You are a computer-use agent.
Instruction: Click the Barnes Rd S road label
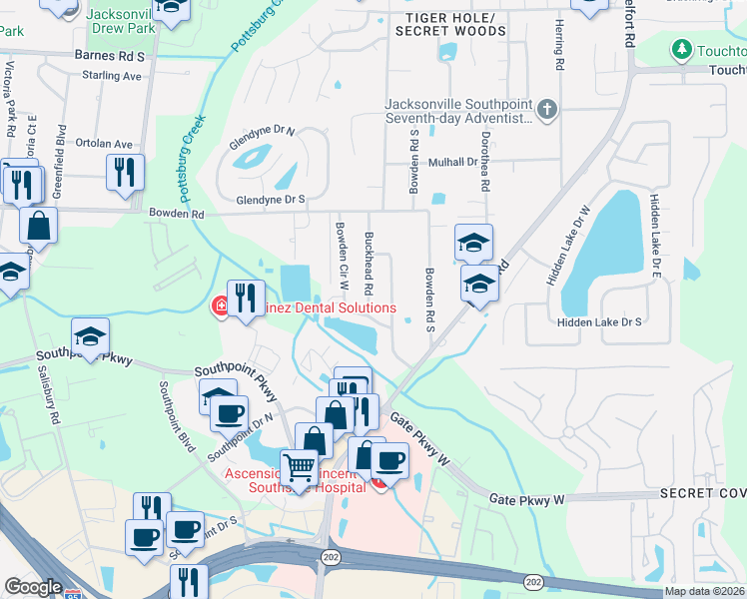(109, 57)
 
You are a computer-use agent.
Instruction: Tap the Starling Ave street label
(113, 76)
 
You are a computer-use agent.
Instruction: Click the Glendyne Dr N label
(262, 139)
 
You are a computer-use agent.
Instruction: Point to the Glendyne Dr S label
(270, 201)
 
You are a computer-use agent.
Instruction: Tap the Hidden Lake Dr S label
(598, 322)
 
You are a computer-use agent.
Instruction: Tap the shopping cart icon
(299, 466)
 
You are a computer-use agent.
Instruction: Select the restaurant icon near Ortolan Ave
(126, 171)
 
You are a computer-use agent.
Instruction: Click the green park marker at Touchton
(682, 49)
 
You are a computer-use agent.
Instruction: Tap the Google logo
(33, 587)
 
